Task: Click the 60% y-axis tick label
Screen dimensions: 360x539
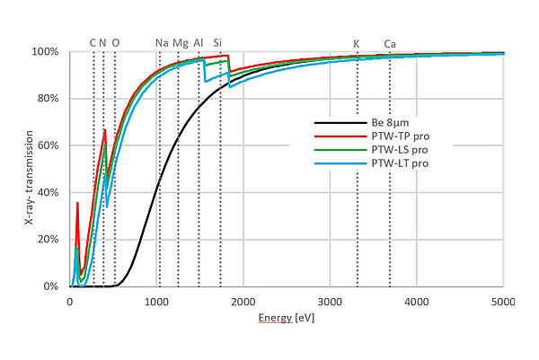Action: click(x=49, y=145)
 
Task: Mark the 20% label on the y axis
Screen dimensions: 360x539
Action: click(x=49, y=240)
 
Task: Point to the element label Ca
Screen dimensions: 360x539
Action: click(x=390, y=43)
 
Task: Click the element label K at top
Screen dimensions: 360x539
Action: click(x=357, y=43)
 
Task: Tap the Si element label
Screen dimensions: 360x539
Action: click(x=218, y=43)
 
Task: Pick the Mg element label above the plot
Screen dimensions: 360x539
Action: click(x=181, y=43)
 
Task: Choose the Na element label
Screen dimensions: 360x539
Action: click(x=162, y=43)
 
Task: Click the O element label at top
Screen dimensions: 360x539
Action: click(x=115, y=43)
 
